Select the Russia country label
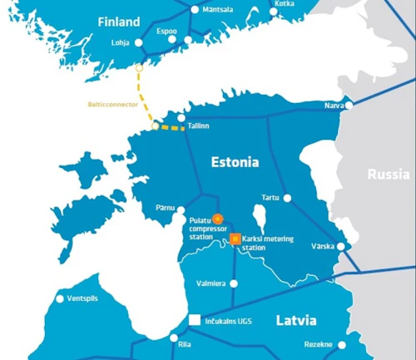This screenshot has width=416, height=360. (388, 175)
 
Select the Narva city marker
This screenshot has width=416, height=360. (349, 106)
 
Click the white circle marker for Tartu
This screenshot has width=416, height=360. (287, 198)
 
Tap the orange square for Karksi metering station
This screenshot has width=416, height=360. (235, 239)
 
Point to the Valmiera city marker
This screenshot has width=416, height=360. (234, 284)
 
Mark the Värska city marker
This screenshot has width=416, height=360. (349, 246)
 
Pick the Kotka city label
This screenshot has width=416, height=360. (284, 4)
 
